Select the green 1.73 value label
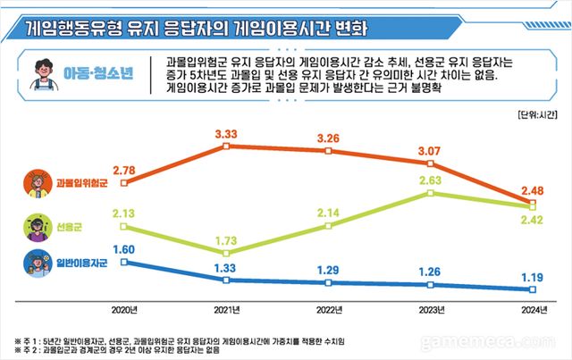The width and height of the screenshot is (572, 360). [x=227, y=239]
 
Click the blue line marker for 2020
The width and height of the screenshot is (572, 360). [x=124, y=263]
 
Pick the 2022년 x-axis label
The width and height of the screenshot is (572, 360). [x=329, y=309]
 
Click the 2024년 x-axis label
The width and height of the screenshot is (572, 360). [x=533, y=309]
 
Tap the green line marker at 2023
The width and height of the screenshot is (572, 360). [x=431, y=192]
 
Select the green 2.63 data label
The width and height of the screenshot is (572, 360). [x=431, y=180]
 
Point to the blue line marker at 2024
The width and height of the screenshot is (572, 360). [x=533, y=289]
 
